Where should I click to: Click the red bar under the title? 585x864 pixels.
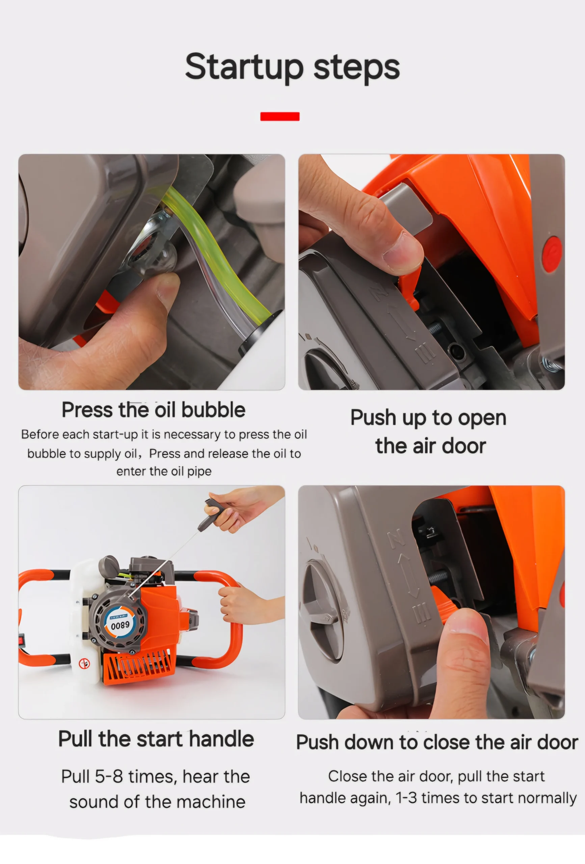280,116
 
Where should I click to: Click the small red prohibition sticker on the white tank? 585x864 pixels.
84,663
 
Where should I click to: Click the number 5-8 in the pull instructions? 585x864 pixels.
109,777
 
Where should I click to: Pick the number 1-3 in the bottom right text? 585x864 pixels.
406,798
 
